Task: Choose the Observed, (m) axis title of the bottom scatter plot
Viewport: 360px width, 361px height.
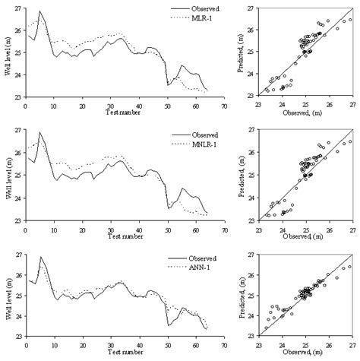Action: click(x=307, y=353)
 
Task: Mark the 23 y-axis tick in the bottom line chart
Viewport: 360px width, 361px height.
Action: click(x=19, y=337)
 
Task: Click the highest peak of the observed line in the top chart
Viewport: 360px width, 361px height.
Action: click(x=39, y=11)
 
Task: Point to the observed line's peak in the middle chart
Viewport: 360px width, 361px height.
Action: click(x=39, y=132)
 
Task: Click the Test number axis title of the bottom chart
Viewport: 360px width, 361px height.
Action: click(x=125, y=353)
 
